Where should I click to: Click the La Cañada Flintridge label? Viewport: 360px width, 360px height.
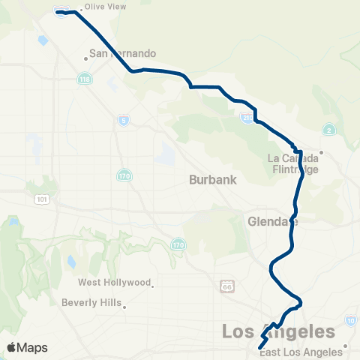[294, 163]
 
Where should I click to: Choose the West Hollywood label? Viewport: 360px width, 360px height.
[115, 283]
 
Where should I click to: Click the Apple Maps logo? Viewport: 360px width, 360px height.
[27, 347]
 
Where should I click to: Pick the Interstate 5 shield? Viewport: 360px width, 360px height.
[124, 120]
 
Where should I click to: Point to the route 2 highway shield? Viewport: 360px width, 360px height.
[328, 130]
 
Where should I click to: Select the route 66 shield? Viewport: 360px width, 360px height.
[228, 286]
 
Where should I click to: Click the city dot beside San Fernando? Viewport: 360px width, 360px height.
[86, 58]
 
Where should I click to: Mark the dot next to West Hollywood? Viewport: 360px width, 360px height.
[152, 284]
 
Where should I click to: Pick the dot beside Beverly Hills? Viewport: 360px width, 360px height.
[126, 306]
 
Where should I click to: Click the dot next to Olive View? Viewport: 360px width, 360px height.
[81, 10]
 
